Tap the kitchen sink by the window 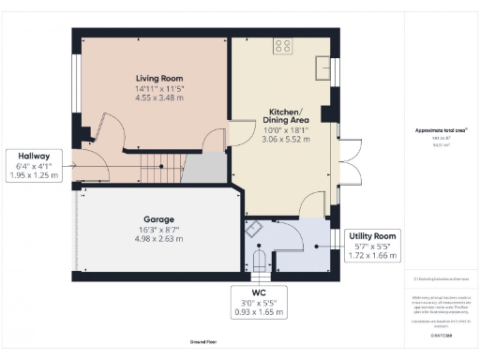(323, 67)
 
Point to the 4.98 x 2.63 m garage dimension (152, 238)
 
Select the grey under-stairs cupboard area (204, 170)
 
